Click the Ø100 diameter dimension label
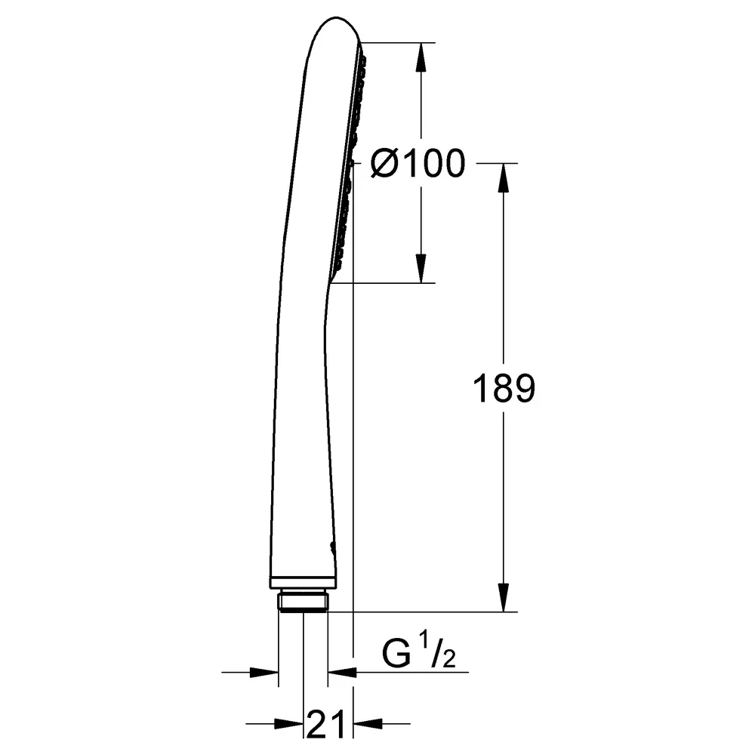pyautogui.click(x=418, y=163)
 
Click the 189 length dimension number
pyautogui.click(x=504, y=388)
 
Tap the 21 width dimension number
pyautogui.click(x=325, y=724)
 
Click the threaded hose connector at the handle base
pyautogui.click(x=303, y=602)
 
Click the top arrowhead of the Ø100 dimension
pyautogui.click(x=421, y=57)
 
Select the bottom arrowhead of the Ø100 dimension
pyautogui.click(x=421, y=268)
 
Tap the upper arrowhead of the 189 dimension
pyautogui.click(x=504, y=178)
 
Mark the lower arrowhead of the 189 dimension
pyautogui.click(x=504, y=597)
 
